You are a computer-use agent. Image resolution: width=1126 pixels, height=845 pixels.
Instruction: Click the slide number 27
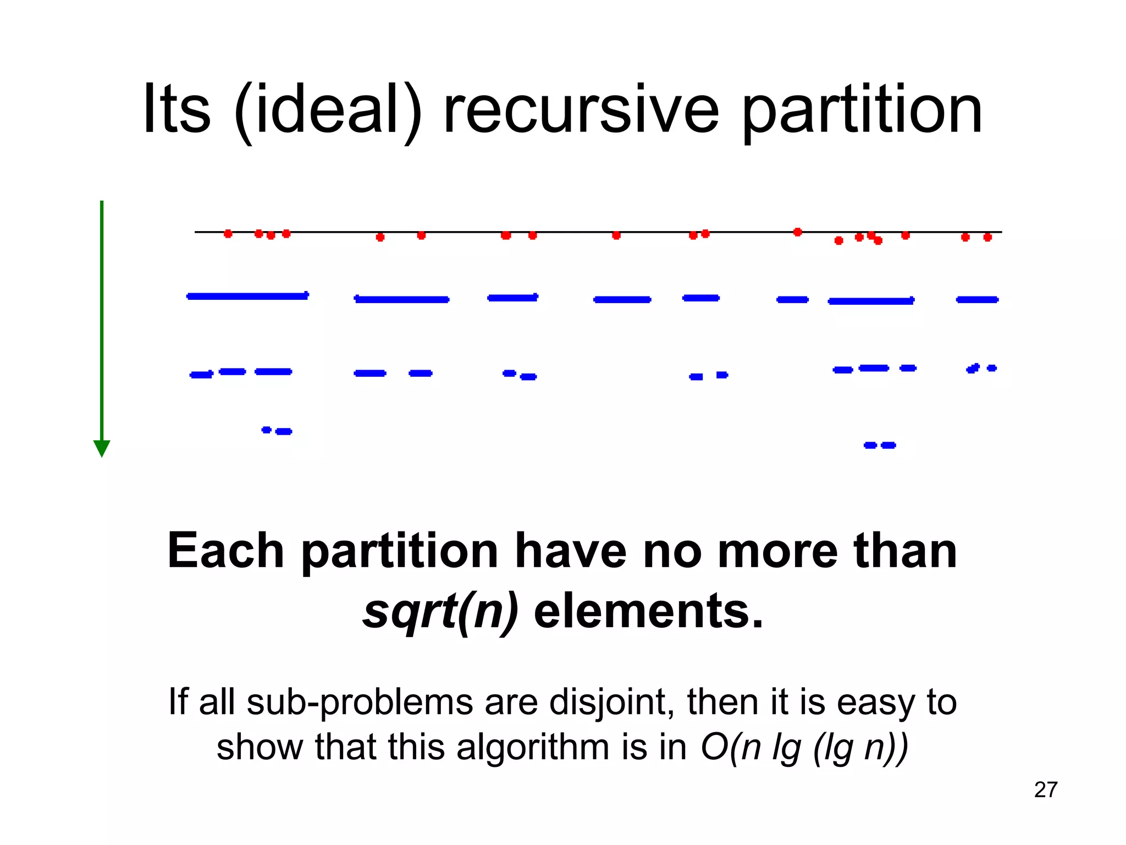[1045, 789]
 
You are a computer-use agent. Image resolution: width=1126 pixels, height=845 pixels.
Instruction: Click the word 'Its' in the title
[176, 110]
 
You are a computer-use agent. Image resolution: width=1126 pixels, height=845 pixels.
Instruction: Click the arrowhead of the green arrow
[102, 448]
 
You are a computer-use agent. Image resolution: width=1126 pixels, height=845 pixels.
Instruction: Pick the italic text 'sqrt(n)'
[440, 612]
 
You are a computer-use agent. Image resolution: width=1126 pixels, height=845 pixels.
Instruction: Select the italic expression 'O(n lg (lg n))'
[804, 748]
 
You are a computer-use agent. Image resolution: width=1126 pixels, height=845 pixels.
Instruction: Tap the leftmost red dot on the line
[228, 234]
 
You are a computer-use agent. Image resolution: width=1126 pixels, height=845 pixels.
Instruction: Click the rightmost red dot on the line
[987, 237]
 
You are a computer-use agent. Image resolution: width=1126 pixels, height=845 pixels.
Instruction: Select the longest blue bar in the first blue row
[247, 296]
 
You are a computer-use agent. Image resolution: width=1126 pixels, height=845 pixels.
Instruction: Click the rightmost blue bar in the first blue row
[977, 300]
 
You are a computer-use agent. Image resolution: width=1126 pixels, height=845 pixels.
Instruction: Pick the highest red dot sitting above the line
[798, 232]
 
